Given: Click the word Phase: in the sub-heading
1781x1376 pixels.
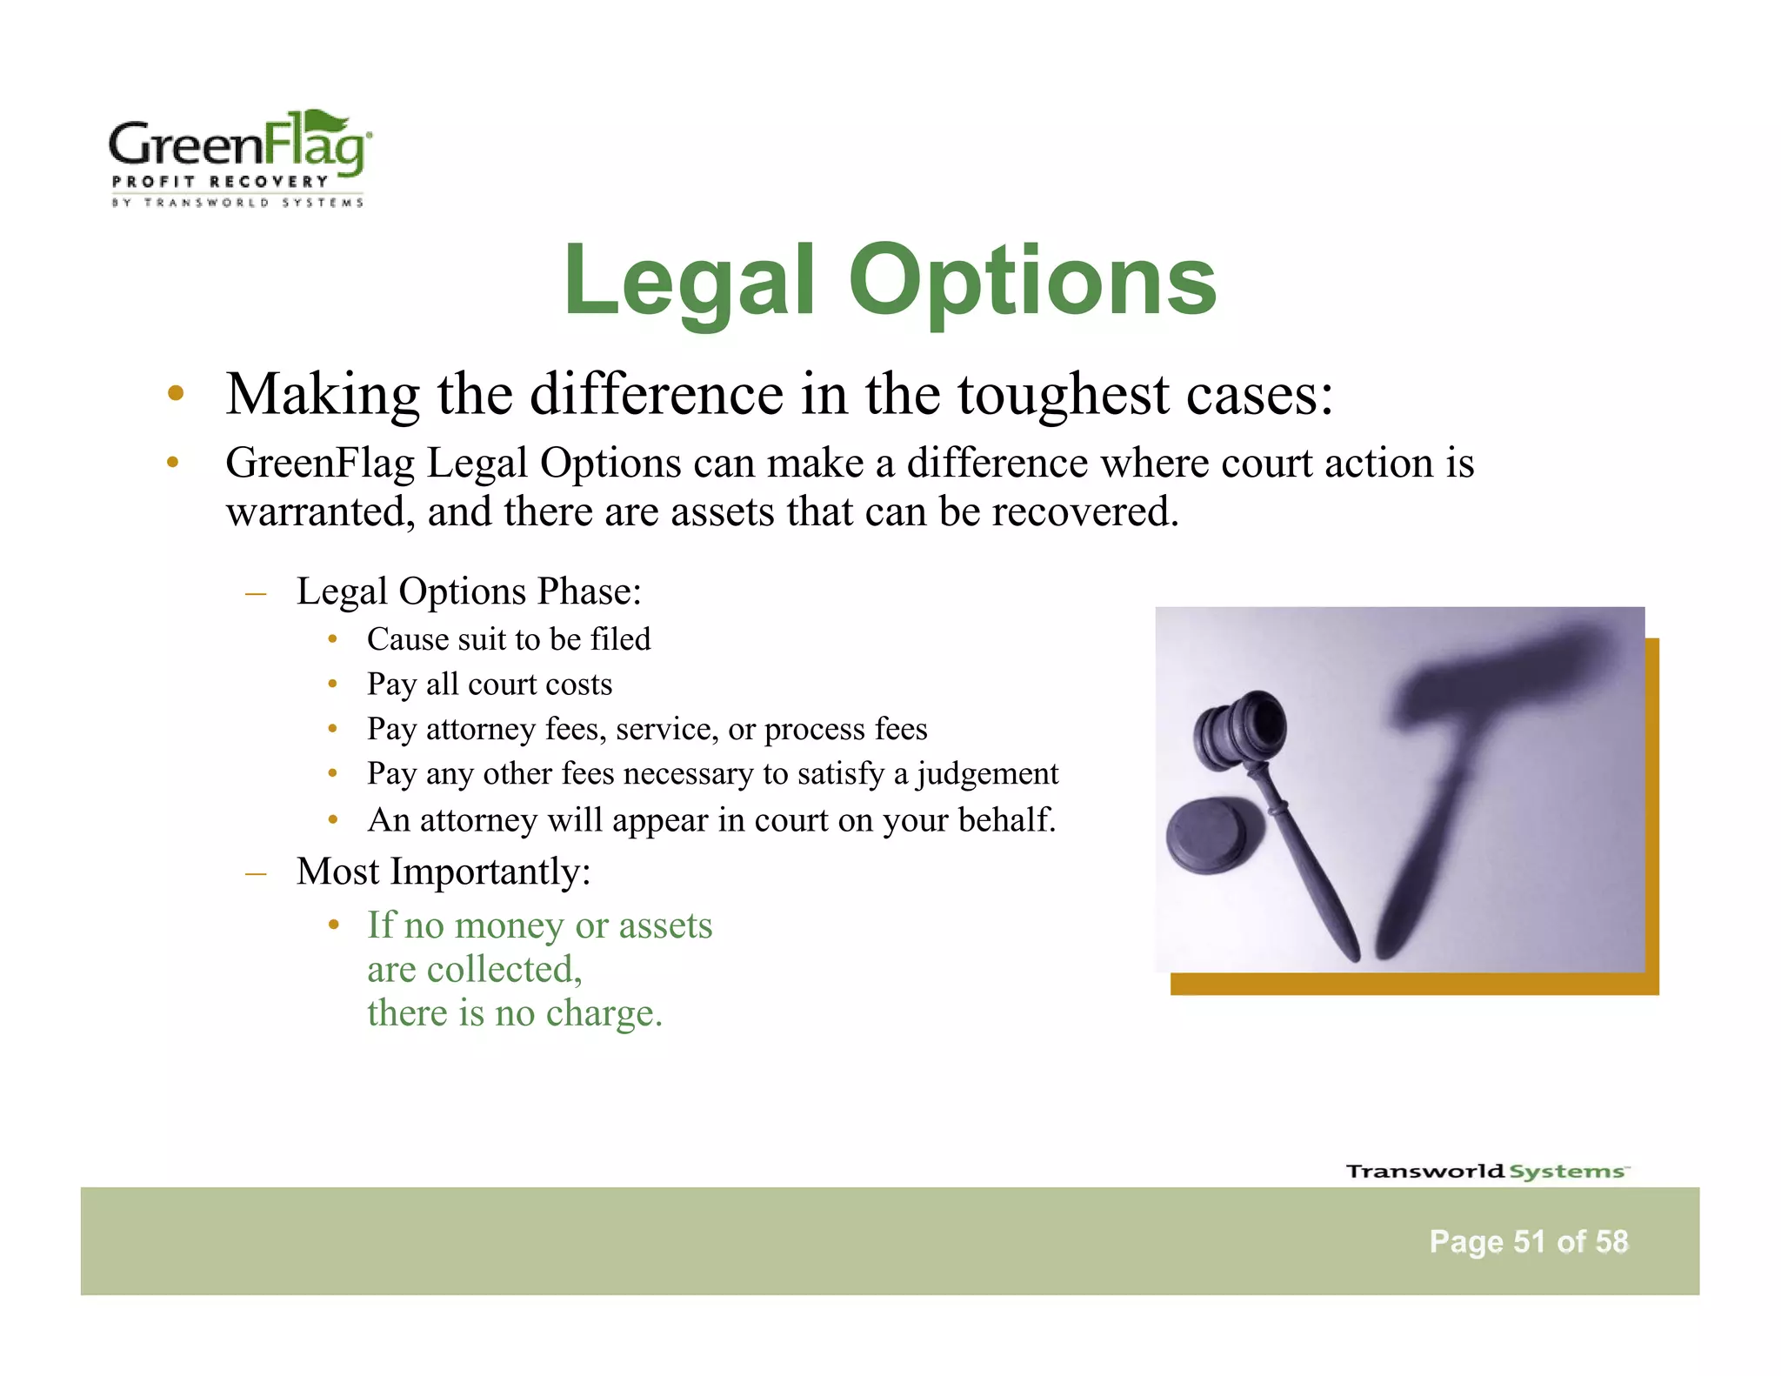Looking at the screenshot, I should (x=590, y=591).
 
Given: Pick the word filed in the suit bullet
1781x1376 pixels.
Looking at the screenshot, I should (x=620, y=639).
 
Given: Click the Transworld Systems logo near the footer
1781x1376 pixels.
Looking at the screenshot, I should (x=1487, y=1171).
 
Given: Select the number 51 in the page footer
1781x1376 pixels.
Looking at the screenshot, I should (x=1530, y=1241).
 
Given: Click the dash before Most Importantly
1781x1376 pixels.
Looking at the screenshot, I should (x=256, y=872).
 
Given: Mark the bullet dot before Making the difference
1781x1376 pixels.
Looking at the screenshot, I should (x=176, y=393).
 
